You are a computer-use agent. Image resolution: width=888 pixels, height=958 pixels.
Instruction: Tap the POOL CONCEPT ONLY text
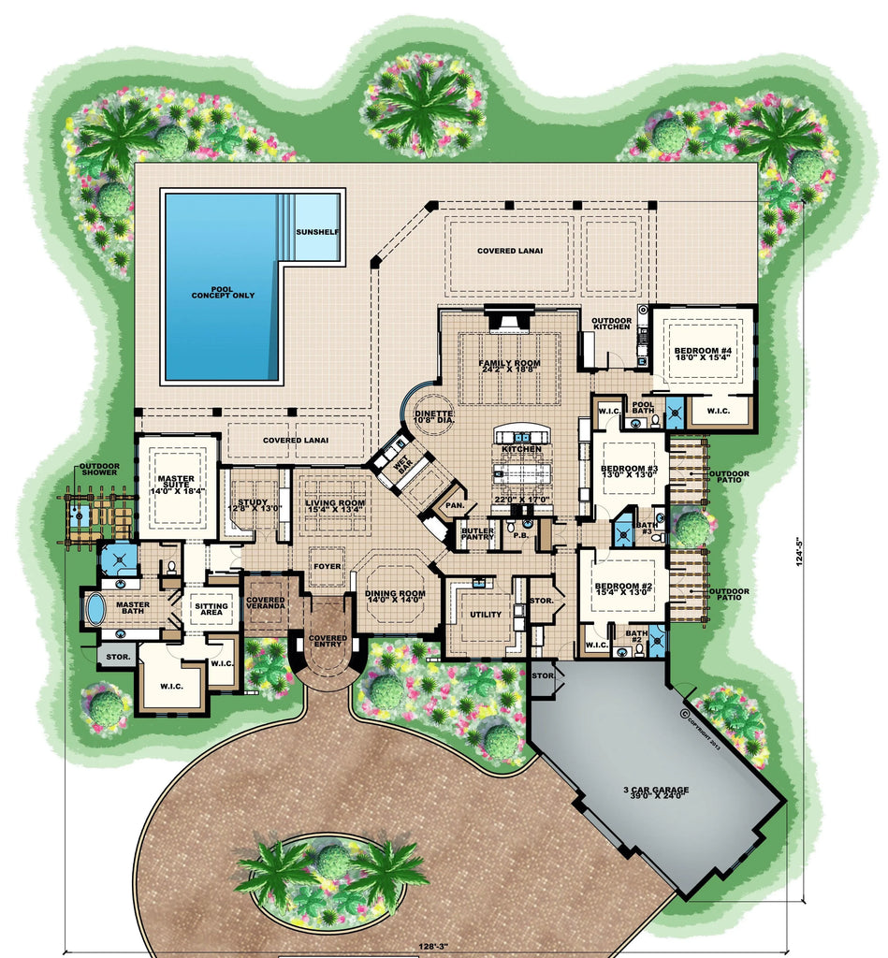(x=223, y=291)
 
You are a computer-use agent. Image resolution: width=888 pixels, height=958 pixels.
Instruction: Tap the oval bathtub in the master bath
(x=95, y=609)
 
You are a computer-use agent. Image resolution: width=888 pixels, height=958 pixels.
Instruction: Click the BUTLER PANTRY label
(x=477, y=534)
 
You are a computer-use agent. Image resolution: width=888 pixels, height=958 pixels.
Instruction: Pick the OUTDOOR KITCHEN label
(x=611, y=326)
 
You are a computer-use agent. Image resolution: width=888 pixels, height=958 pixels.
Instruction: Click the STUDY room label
(x=253, y=506)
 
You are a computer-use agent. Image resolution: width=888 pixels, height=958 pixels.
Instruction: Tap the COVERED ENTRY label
(x=328, y=642)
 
